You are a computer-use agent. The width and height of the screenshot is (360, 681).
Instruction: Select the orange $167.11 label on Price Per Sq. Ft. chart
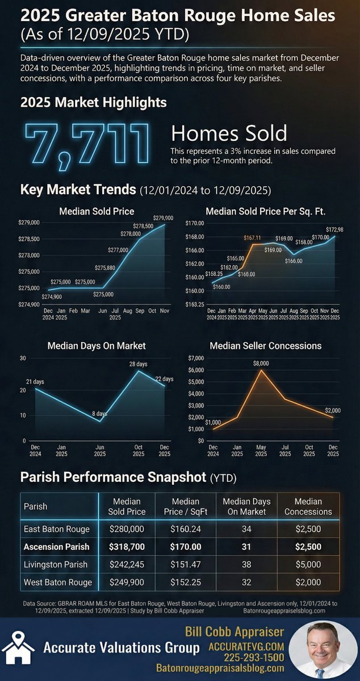click(253, 238)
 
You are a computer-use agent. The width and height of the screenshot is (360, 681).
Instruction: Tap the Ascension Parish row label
click(56, 547)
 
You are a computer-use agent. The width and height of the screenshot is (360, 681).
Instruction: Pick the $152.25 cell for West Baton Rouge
click(185, 582)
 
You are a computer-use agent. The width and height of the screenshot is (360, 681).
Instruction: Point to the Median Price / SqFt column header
click(185, 506)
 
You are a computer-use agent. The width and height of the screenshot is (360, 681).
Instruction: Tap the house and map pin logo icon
click(16, 648)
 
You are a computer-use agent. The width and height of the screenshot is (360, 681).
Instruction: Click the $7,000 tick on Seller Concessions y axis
click(196, 358)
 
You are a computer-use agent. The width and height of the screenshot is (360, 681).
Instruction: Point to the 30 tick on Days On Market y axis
click(23, 358)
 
